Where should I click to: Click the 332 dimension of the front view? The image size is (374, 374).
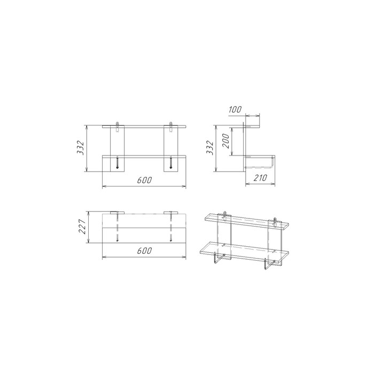[81, 148]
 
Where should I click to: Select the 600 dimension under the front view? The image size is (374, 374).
[144, 180]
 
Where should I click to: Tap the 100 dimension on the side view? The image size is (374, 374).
[235, 110]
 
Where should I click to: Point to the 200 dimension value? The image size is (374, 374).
[225, 141]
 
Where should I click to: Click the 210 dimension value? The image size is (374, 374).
[260, 178]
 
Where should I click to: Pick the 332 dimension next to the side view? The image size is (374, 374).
[209, 148]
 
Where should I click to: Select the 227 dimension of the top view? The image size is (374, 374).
[82, 227]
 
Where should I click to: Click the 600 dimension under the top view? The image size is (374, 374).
[144, 251]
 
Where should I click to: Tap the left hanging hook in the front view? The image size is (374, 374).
[117, 127]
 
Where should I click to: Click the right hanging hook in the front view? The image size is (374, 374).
[170, 127]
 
